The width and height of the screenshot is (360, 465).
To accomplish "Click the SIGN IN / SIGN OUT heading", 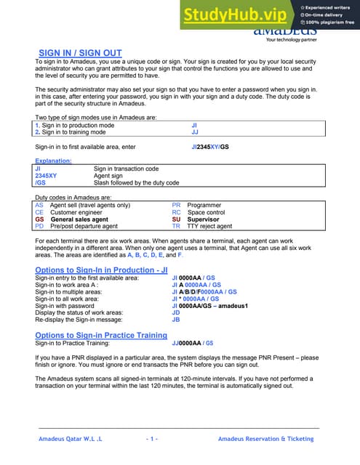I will (x=80, y=53).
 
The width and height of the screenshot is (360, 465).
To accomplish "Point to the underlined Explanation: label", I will (x=53, y=161).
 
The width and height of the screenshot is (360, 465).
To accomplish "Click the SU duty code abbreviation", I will (x=176, y=219).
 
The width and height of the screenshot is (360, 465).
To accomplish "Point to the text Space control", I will (x=209, y=212).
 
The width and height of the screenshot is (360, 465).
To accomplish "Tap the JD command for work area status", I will (x=175, y=312).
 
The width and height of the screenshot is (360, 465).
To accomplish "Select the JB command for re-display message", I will (x=175, y=320).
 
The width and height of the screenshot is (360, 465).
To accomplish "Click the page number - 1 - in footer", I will (x=152, y=439).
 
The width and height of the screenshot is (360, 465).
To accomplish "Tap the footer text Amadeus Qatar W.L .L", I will (x=70, y=439).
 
